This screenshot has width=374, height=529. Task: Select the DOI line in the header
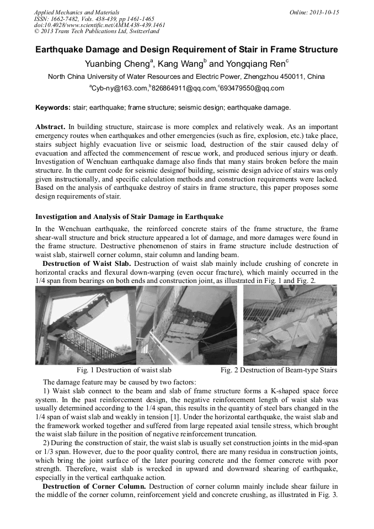tap(99, 25)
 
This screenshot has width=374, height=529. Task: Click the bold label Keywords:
tap(53, 107)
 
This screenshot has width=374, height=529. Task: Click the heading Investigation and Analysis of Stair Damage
tap(129, 217)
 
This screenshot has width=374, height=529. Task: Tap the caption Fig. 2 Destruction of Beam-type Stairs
tap(279, 370)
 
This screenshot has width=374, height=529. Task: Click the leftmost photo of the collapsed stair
tap(84, 325)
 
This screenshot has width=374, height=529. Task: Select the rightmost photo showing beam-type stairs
tap(290, 325)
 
